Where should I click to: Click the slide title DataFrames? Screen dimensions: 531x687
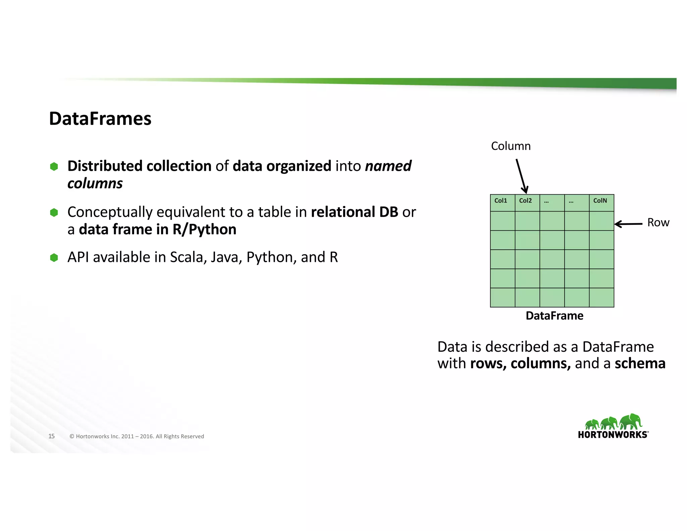click(100, 119)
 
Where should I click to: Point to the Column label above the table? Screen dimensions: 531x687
click(511, 146)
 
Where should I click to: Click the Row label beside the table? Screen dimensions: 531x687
click(658, 223)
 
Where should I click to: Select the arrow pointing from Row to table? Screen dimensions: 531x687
click(628, 224)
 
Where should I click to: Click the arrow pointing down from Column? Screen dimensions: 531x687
click(522, 176)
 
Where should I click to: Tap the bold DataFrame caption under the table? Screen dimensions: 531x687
click(554, 316)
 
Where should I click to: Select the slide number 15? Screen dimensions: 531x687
click(51, 436)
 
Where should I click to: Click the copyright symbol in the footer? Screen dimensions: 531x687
click(72, 436)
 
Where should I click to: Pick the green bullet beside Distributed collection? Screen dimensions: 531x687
click(54, 166)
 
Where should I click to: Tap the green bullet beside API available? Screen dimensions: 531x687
click(54, 257)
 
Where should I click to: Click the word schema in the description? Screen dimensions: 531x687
click(640, 364)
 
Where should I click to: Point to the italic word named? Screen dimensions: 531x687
click(388, 166)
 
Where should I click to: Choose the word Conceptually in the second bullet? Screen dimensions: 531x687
click(110, 212)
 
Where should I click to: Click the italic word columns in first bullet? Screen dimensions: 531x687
click(95, 184)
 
